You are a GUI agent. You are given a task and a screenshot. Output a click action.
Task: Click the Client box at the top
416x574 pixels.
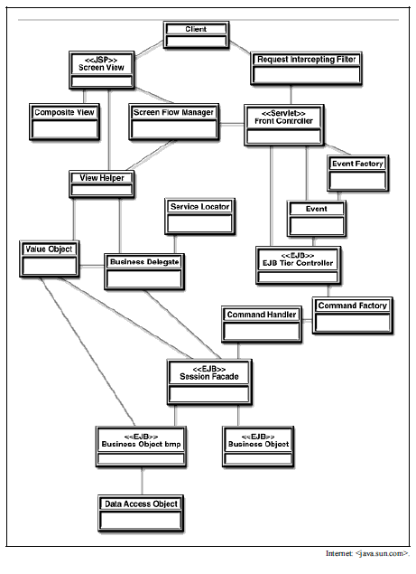(x=197, y=34)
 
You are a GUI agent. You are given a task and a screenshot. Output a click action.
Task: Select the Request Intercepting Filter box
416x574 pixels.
(x=306, y=69)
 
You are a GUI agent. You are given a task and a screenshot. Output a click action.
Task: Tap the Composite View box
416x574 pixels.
(x=64, y=122)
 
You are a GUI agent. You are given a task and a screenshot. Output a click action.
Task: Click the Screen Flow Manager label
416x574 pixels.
(x=173, y=112)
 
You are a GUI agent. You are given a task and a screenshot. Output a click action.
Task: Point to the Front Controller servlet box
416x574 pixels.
(x=284, y=126)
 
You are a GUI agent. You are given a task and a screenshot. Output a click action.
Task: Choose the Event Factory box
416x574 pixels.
(x=358, y=174)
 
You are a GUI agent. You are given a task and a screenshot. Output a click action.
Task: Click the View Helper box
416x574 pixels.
(x=102, y=184)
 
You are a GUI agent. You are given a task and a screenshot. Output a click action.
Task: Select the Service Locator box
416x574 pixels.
(x=200, y=217)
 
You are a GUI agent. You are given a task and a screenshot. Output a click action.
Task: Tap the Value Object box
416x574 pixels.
(x=50, y=259)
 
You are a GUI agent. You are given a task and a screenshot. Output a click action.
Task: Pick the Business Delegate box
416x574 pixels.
(x=144, y=271)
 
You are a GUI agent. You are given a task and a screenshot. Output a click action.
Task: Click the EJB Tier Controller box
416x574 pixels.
(x=299, y=266)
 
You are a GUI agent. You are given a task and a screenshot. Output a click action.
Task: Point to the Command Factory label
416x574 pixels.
(x=353, y=306)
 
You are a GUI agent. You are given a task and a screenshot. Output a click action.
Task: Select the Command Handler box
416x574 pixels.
(x=262, y=325)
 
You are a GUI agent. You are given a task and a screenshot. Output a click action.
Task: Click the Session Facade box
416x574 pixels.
(x=209, y=382)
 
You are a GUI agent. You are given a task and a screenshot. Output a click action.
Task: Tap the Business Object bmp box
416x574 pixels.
(x=141, y=447)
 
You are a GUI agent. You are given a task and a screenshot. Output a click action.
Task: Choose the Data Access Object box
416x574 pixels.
(x=141, y=513)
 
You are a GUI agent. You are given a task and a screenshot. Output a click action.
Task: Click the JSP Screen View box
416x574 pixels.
(x=102, y=70)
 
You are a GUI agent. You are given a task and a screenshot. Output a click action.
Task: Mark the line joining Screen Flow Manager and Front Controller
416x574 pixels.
(x=231, y=126)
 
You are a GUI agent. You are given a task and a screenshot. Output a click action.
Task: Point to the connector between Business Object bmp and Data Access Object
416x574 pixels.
(x=142, y=482)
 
